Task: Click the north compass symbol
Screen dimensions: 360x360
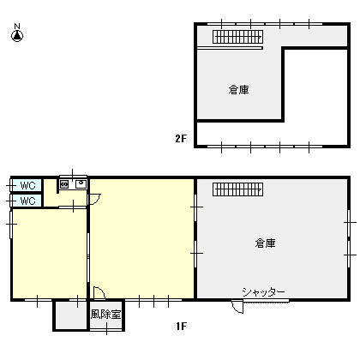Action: click(x=17, y=33)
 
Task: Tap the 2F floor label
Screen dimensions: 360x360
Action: click(x=181, y=139)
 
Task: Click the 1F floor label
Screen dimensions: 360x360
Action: click(x=182, y=326)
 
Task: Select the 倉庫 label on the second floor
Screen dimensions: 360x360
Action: click(x=239, y=90)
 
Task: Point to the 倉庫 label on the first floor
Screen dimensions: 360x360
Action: click(x=266, y=243)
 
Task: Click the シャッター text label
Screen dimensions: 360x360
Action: click(x=263, y=292)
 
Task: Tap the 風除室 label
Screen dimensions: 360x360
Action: click(x=105, y=315)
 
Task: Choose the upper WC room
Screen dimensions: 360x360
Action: click(x=27, y=186)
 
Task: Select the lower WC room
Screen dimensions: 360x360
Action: click(x=27, y=201)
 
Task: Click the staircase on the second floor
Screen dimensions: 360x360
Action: click(x=237, y=37)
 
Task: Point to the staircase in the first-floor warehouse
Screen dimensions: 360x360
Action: click(x=237, y=189)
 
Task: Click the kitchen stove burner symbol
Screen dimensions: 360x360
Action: click(x=64, y=184)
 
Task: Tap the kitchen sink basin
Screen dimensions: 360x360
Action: click(x=81, y=184)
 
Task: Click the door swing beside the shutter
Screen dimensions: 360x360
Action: click(x=237, y=307)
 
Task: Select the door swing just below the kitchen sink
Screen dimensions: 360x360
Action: click(x=95, y=199)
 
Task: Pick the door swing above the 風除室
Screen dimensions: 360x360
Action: click(x=99, y=293)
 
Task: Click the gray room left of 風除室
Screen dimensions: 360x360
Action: click(x=71, y=315)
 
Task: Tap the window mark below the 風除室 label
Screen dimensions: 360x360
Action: click(x=107, y=329)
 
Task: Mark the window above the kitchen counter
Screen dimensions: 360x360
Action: click(x=73, y=177)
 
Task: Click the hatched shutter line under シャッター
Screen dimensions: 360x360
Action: click(x=266, y=301)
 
